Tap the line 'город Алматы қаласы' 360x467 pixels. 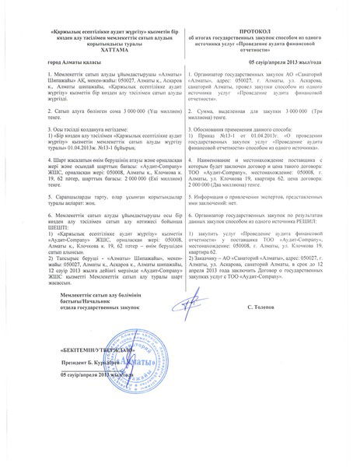point(72,60)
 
